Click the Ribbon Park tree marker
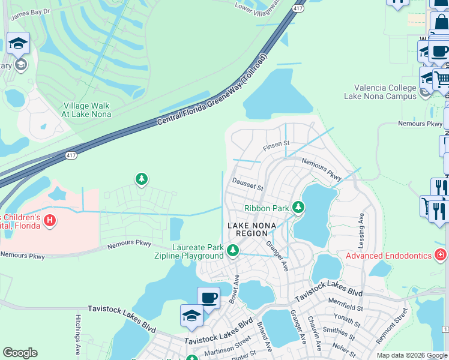coord(298,208)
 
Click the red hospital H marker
coord(50,221)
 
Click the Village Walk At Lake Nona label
coord(95,110)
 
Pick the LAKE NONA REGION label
coord(252,225)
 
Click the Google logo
coord(20,353)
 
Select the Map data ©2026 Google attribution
coord(411,355)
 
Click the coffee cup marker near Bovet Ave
coord(208,297)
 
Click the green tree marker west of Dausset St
coord(141,179)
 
